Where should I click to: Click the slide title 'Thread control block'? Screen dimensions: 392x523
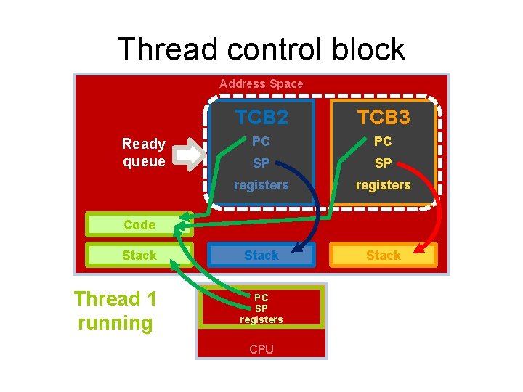[261, 49]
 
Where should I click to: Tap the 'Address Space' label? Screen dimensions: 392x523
[261, 83]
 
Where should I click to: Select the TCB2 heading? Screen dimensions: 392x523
[261, 117]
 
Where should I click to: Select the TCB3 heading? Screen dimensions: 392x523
[384, 117]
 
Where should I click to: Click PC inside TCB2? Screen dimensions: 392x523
[261, 142]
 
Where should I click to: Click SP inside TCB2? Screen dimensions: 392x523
[261, 163]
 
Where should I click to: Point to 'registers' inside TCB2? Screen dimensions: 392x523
[261, 185]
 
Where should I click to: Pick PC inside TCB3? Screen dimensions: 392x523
[384, 142]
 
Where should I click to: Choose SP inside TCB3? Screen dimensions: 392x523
[384, 163]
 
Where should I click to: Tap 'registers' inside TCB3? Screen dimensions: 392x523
[384, 185]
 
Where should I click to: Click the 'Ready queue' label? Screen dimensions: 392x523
[144, 152]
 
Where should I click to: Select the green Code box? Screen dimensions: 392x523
[139, 225]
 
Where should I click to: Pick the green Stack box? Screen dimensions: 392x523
[139, 255]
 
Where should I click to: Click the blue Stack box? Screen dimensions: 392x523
[261, 255]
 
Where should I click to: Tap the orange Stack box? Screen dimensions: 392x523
[384, 255]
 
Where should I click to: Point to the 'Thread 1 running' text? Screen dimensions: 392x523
[115, 311]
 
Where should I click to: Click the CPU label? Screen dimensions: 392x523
[261, 349]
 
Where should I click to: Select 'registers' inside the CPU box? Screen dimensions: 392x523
[261, 319]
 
